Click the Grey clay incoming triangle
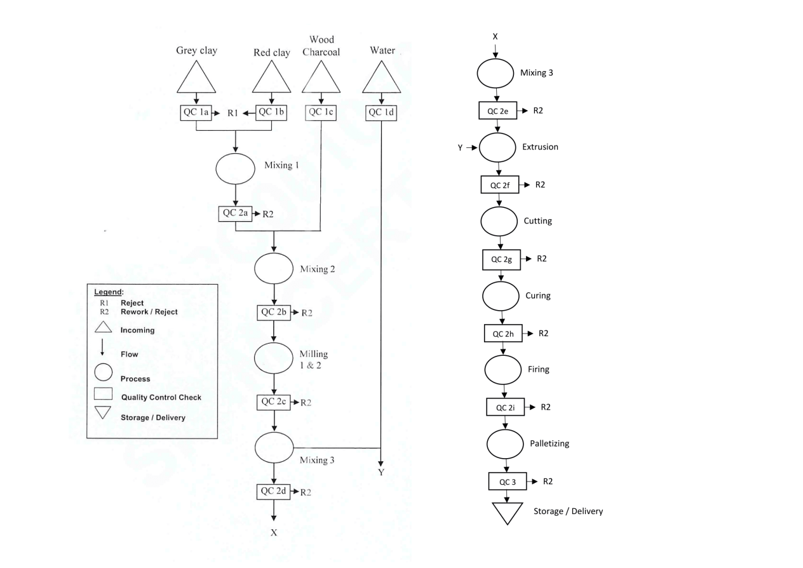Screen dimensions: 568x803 point(197,79)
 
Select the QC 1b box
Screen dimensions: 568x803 point(273,112)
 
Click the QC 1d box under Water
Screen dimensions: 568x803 point(381,112)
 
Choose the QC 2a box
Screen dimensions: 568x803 point(236,213)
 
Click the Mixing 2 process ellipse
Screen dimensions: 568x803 point(273,269)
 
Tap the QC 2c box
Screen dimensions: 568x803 point(273,402)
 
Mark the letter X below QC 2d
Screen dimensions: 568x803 point(274,532)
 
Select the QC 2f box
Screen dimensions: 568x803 point(500,185)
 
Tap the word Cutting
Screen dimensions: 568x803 point(538,221)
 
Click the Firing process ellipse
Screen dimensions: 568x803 point(503,370)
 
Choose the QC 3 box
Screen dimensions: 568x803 point(507,481)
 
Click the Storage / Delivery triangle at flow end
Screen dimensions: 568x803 point(507,512)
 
